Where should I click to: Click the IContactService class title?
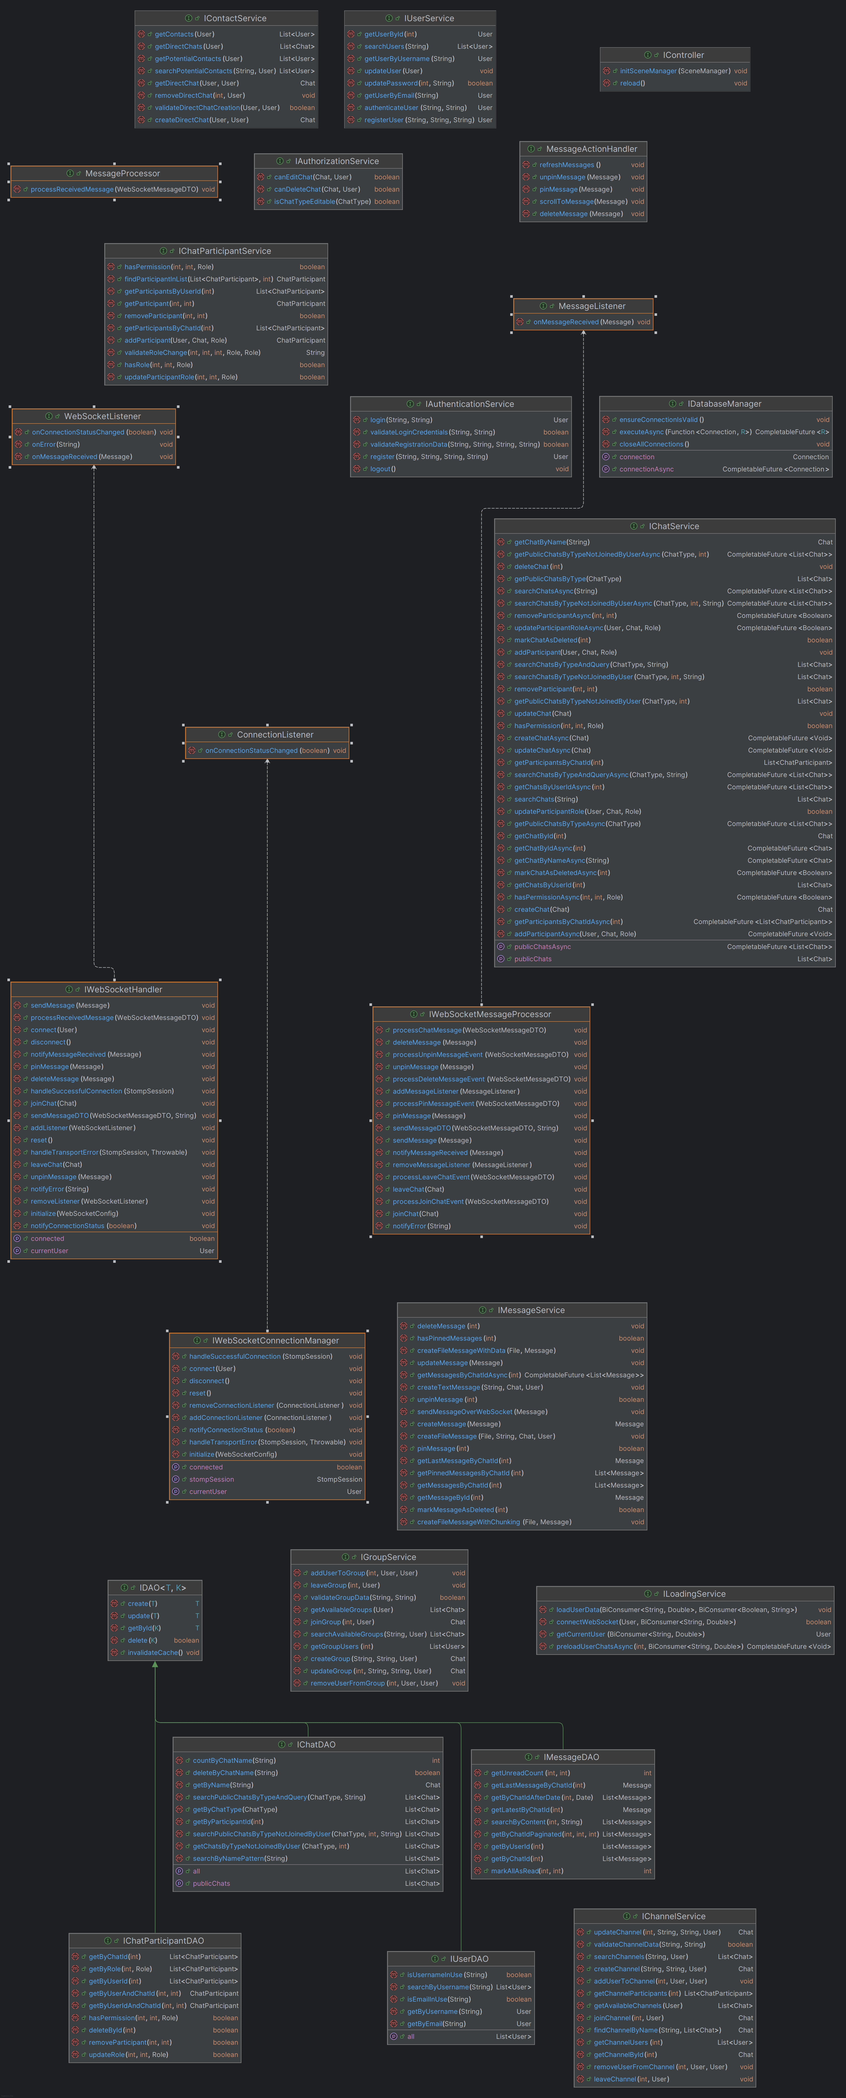point(235,18)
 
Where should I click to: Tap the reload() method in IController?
point(632,83)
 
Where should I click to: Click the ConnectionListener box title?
point(274,735)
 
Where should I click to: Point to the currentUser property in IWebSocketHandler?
point(49,1251)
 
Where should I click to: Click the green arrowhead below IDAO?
point(155,1665)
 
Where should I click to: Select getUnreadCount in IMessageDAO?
point(517,1773)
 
